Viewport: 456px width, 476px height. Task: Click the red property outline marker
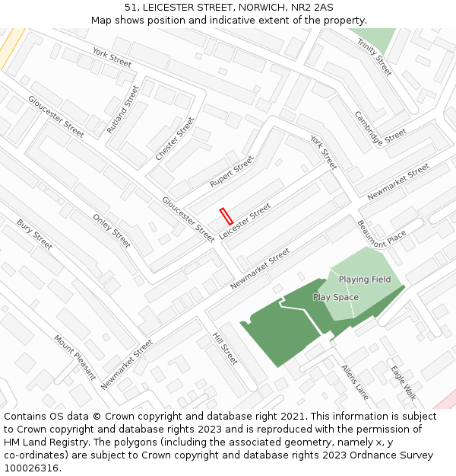point(226,216)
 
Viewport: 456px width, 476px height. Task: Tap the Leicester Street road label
point(245,222)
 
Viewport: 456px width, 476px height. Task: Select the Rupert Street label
point(231,172)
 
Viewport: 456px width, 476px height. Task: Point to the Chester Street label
point(175,138)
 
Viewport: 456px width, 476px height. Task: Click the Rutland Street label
point(122,109)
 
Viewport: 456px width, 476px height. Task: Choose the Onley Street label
point(112,231)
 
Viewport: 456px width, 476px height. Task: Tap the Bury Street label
point(34,235)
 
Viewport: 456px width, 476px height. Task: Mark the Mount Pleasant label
point(74,356)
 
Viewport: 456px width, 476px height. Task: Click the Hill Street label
point(225,348)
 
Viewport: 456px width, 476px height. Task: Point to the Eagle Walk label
point(404,383)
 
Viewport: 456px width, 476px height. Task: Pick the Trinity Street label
point(375,57)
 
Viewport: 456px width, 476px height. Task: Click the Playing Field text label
point(365,280)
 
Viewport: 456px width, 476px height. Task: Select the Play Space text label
point(335,297)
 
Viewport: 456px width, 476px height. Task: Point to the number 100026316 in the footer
point(30,468)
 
